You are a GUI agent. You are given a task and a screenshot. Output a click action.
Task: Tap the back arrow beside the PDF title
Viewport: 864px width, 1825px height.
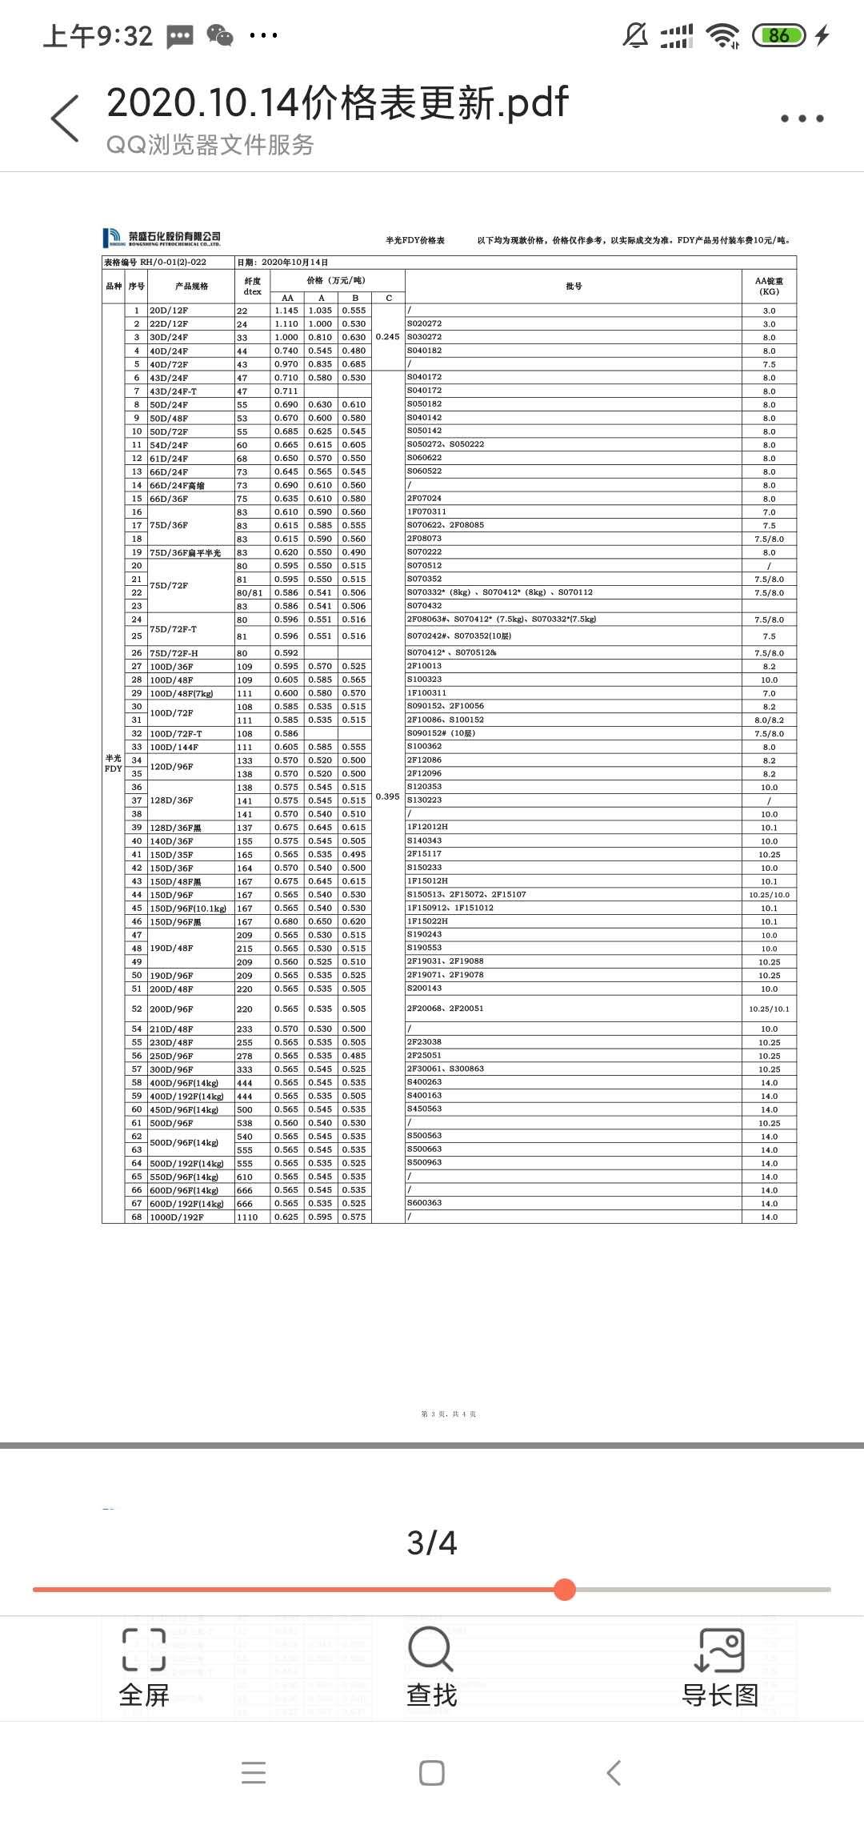point(66,118)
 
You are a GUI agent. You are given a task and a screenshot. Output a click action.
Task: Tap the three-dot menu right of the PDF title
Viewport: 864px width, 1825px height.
point(802,118)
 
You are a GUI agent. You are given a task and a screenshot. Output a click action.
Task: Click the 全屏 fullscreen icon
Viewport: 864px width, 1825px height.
point(144,1651)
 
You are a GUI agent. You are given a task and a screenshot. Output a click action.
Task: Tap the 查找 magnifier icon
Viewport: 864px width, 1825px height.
point(431,1651)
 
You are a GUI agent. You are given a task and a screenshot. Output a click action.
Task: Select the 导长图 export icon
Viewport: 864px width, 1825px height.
point(719,1651)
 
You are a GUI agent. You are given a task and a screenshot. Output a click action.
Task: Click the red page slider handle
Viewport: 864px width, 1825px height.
point(565,1590)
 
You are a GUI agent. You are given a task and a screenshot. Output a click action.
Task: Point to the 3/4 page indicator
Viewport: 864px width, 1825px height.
point(432,1542)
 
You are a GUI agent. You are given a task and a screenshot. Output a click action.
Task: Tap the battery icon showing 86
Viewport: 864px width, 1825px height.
point(778,35)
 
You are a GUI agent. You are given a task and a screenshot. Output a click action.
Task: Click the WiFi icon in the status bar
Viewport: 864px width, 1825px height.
point(722,35)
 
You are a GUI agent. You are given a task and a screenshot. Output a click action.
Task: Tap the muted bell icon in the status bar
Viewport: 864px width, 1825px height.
point(635,35)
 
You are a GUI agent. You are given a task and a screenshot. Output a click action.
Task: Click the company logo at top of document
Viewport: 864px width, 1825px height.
point(162,238)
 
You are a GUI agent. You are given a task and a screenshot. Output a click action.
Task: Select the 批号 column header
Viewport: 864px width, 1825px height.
point(574,287)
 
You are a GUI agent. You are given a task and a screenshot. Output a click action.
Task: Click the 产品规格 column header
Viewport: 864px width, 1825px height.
point(191,287)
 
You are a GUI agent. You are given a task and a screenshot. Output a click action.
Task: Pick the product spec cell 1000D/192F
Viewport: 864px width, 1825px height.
point(177,1217)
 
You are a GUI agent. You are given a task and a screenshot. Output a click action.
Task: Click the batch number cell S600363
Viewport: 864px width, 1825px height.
point(425,1203)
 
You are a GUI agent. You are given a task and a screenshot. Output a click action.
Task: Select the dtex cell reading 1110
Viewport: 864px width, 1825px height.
point(247,1217)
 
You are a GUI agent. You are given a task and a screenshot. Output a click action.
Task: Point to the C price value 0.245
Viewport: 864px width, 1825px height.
point(388,337)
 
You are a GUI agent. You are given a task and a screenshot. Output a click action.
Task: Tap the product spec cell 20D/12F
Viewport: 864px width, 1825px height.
point(169,311)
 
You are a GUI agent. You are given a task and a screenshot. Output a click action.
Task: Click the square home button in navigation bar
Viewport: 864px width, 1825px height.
point(432,1773)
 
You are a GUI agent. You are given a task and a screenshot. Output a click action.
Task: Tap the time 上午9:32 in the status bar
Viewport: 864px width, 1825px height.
point(98,36)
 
